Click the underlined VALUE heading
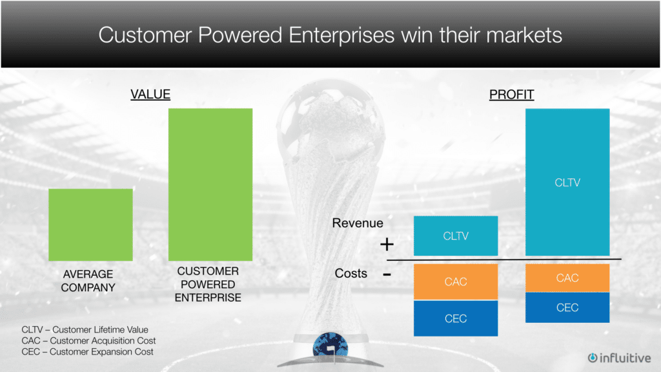tap(150, 94)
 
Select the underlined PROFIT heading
tap(511, 94)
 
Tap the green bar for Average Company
tap(90, 225)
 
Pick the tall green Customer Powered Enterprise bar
tap(210, 185)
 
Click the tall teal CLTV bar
tap(567, 182)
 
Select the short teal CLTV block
tap(456, 236)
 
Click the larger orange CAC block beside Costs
tap(456, 282)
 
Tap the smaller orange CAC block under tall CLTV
tap(567, 278)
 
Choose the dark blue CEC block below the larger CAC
tap(456, 318)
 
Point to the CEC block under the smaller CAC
tap(567, 307)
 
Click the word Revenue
tap(358, 223)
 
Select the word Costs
tap(351, 273)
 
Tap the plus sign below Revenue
tap(387, 244)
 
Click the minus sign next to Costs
tap(387, 275)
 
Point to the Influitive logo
tap(619, 358)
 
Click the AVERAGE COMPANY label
tap(88, 281)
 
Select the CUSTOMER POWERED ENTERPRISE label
tap(208, 284)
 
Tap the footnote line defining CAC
tap(88, 340)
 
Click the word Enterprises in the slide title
tap(341, 35)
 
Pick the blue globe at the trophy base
tap(330, 346)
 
